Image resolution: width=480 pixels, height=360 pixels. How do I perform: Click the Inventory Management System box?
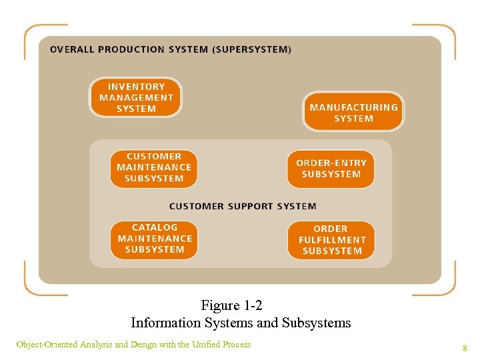click(x=135, y=97)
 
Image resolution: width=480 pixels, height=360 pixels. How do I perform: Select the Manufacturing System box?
click(x=353, y=112)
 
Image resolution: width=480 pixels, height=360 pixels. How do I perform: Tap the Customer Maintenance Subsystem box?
click(x=154, y=167)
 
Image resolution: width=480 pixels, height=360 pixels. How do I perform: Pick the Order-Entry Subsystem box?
click(x=331, y=168)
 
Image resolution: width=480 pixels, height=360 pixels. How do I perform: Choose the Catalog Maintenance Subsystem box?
click(x=154, y=239)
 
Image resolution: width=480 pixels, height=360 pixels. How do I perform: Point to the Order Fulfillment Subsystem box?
click(x=331, y=240)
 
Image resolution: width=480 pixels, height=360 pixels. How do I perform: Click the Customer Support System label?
click(x=243, y=206)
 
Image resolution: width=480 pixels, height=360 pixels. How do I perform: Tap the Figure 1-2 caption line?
click(x=231, y=305)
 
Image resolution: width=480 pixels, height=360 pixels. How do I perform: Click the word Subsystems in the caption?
click(x=316, y=323)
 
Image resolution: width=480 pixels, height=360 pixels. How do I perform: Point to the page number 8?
click(x=465, y=348)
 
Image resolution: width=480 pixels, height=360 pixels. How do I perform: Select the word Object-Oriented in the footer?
click(x=46, y=345)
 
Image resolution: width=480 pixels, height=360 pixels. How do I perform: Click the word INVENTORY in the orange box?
click(x=136, y=87)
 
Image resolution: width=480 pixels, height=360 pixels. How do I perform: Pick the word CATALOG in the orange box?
click(x=155, y=227)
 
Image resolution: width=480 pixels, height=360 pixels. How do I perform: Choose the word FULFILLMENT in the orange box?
click(x=332, y=240)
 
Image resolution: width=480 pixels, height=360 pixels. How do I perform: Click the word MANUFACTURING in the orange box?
click(x=353, y=107)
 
